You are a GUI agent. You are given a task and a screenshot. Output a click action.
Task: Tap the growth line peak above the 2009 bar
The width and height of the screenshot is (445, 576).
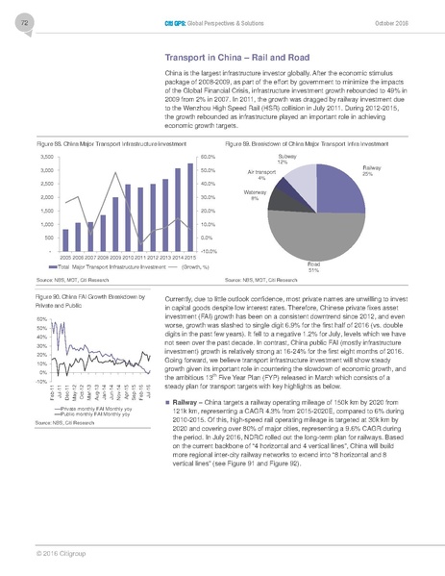[115, 173]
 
